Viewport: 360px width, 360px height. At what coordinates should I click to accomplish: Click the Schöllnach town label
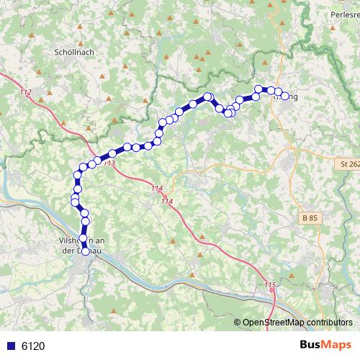click(x=75, y=53)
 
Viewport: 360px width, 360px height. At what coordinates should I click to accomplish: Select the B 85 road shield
click(x=309, y=217)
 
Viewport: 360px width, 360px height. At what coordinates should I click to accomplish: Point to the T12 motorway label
click(x=27, y=93)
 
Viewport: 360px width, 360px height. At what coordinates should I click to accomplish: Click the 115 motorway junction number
click(x=270, y=286)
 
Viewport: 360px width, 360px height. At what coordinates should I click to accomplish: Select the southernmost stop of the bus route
click(x=86, y=251)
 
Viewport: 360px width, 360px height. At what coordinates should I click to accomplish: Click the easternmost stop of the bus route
click(x=284, y=96)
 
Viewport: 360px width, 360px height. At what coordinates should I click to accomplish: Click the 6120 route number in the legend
click(x=33, y=346)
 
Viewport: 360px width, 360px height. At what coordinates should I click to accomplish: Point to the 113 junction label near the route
click(x=109, y=163)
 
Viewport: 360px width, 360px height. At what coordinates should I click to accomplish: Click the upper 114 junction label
click(x=158, y=188)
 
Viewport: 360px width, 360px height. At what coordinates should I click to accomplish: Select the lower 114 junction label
click(x=168, y=201)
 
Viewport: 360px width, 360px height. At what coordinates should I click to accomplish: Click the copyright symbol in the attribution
click(x=238, y=323)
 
